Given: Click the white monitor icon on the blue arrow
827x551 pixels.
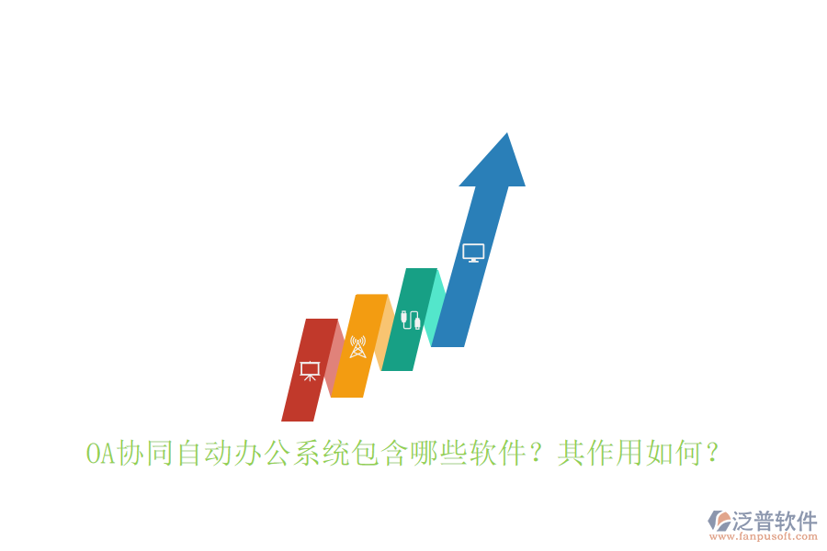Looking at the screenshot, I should pyautogui.click(x=473, y=253).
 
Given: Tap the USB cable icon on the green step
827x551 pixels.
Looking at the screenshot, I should pyautogui.click(x=410, y=320).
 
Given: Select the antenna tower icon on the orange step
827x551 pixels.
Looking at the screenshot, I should pyautogui.click(x=358, y=347).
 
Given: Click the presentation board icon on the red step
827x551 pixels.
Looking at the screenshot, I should pyautogui.click(x=310, y=370).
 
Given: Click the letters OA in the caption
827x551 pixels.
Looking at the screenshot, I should pyautogui.click(x=96, y=454).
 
